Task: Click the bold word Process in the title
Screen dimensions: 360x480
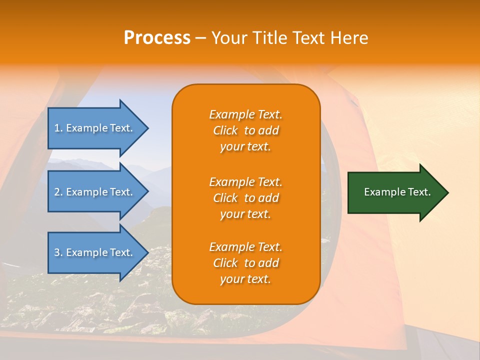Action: coord(157,38)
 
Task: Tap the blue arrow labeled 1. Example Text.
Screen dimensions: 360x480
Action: coord(95,128)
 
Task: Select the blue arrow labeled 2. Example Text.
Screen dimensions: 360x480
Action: coord(95,192)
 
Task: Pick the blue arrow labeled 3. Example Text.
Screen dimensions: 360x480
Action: coord(95,252)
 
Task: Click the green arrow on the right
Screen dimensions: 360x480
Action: coord(395,192)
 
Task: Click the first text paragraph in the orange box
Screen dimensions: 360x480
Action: coord(245,130)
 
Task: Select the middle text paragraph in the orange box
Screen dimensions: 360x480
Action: coord(245,198)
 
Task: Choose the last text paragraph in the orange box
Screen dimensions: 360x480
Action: coord(245,263)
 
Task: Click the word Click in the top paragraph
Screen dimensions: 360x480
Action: coord(225,130)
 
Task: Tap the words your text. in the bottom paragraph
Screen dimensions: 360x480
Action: coord(245,279)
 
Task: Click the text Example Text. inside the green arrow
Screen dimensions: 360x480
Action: coord(397,192)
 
